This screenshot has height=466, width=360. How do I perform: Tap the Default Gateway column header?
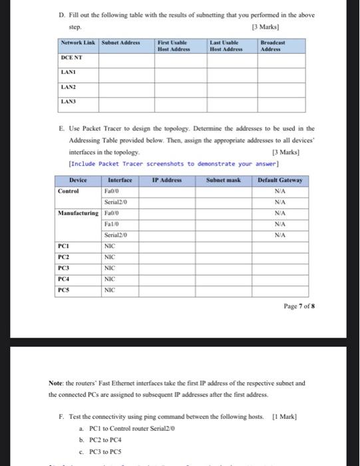pyautogui.click(x=281, y=180)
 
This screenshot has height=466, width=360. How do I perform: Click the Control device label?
pyautogui.click(x=69, y=190)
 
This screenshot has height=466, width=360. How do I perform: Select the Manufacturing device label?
pyautogui.click(x=79, y=212)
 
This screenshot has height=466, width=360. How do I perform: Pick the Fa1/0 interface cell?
pyautogui.click(x=112, y=223)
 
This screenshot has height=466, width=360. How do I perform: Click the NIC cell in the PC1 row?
pyautogui.click(x=110, y=246)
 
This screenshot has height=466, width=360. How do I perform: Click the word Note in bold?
pyautogui.click(x=56, y=383)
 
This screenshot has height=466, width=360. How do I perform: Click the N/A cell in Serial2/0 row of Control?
pyautogui.click(x=281, y=201)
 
